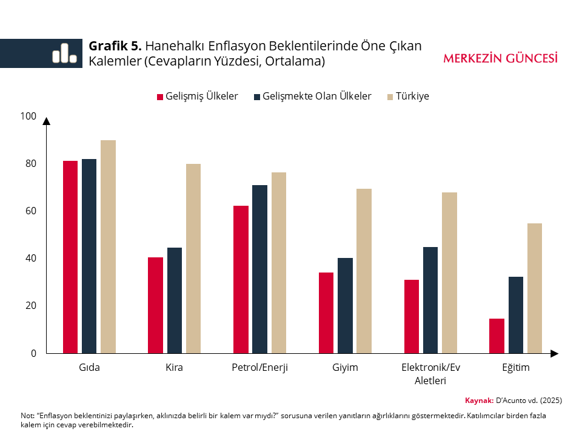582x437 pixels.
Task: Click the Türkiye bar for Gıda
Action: (108, 246)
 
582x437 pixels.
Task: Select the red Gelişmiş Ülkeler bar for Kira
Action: (155, 305)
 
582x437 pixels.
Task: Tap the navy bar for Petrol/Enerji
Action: (260, 269)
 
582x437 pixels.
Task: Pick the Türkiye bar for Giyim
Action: (364, 271)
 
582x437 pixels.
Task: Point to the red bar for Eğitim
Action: (497, 336)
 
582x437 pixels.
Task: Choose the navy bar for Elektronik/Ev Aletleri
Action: (430, 300)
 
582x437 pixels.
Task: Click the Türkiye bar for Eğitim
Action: (535, 288)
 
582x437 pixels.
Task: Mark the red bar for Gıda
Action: (70, 257)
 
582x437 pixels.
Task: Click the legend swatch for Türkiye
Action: (390, 97)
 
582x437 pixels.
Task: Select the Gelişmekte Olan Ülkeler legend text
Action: (317, 97)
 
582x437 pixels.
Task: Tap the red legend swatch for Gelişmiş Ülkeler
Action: (160, 97)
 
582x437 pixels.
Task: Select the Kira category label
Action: (174, 368)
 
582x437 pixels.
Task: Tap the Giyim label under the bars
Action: (345, 368)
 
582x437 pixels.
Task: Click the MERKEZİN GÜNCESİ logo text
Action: (500, 59)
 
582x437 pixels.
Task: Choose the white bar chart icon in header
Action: (64, 53)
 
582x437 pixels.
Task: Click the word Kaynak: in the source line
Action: (479, 401)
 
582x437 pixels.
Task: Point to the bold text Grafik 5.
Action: (115, 46)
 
